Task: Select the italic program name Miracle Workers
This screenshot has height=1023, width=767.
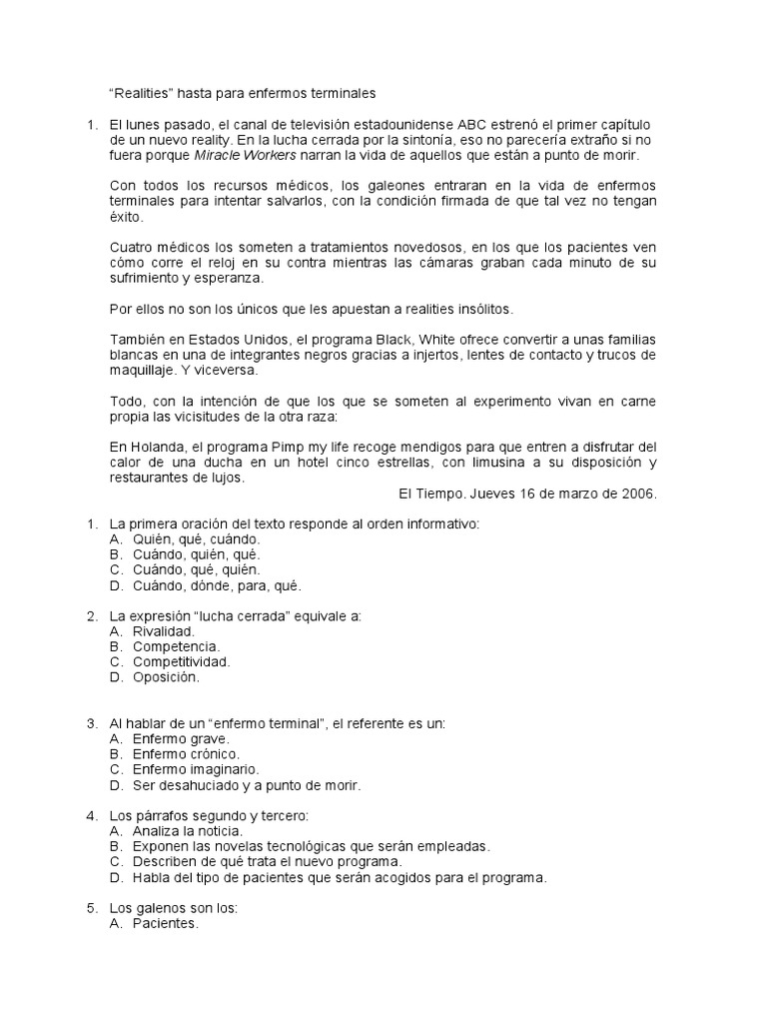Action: point(243,157)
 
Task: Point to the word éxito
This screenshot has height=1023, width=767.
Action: point(127,218)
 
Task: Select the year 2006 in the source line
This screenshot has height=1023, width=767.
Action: point(638,494)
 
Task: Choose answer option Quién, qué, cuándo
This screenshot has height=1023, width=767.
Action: point(196,539)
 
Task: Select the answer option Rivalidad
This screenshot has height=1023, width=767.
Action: point(164,631)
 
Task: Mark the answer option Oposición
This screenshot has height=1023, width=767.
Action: point(166,677)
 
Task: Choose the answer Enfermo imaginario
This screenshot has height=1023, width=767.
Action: point(195,769)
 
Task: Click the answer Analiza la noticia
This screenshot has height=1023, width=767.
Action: point(187,831)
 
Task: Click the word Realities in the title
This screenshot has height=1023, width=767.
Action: point(142,94)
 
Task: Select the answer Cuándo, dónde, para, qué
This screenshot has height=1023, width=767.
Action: point(217,585)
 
